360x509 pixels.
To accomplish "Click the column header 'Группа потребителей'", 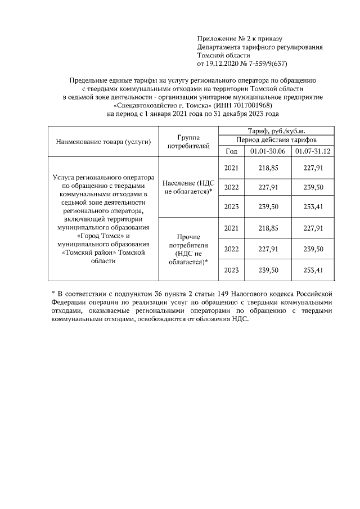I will coord(189,141).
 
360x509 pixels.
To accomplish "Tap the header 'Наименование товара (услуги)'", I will coord(103,141).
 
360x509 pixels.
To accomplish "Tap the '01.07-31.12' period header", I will coord(313,151).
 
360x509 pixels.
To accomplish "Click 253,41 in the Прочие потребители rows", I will coord(313,270).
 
